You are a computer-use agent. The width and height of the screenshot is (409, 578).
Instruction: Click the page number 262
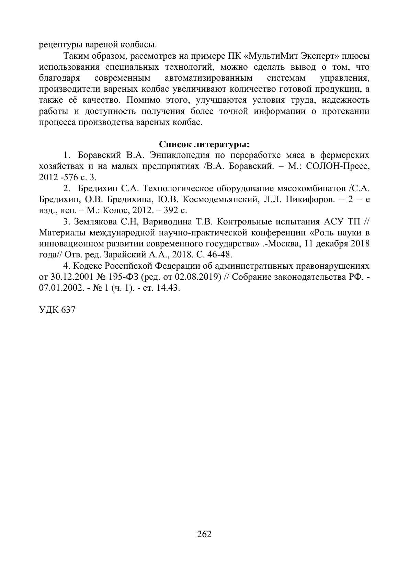(204, 534)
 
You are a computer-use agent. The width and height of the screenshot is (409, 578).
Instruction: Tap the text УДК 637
(57, 310)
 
